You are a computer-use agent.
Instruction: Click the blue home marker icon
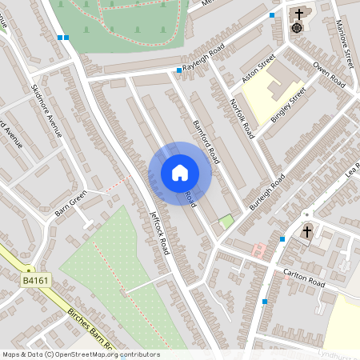point(180,172)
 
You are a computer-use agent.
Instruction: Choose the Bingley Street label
point(289,105)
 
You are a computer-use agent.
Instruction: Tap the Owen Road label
point(330,74)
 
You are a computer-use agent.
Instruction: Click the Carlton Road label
point(304,278)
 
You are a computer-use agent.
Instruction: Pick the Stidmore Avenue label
point(46,110)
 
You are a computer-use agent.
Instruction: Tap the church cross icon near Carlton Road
point(306,232)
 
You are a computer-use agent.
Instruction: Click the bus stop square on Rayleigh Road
point(178,70)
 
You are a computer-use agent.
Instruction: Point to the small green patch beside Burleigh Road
point(226,221)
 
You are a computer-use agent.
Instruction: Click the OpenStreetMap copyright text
point(80,354)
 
